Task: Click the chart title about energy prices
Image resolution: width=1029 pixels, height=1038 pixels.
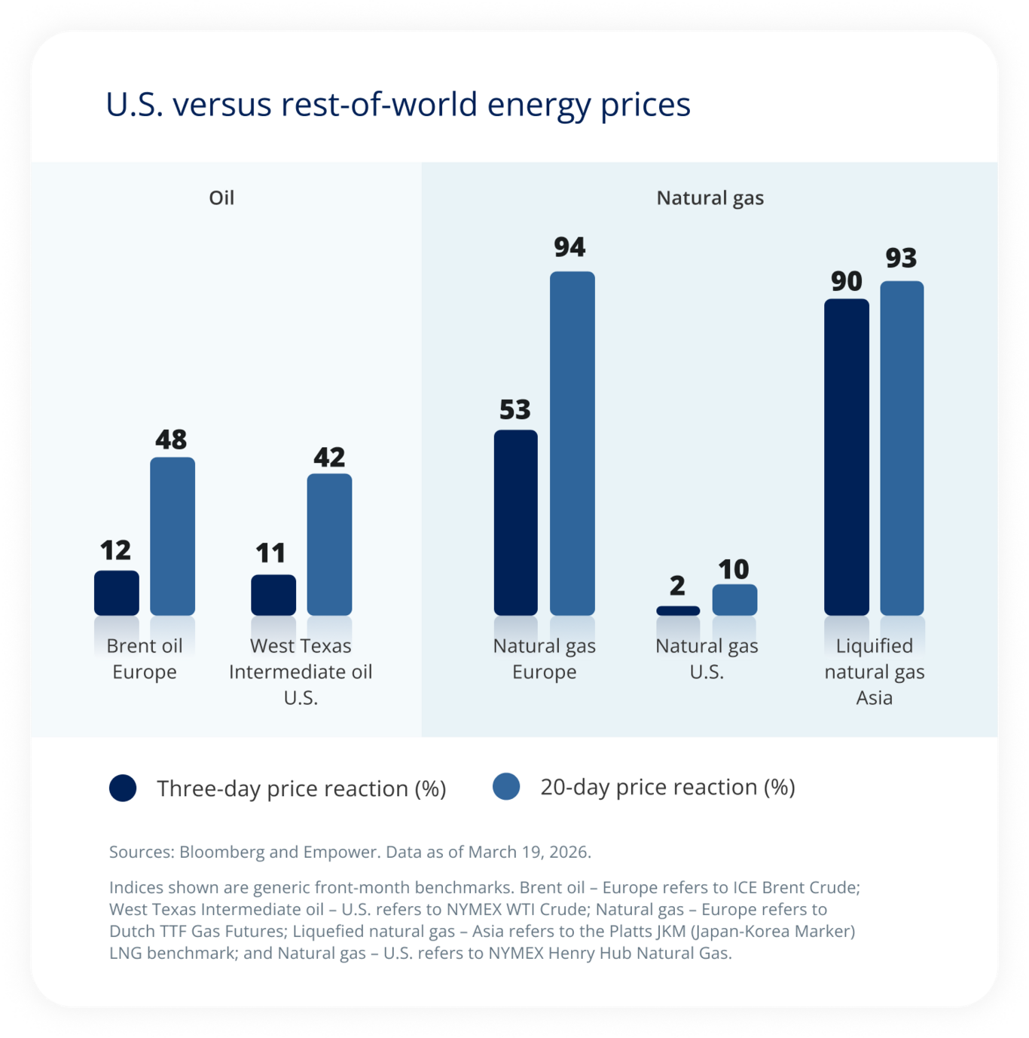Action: point(398,105)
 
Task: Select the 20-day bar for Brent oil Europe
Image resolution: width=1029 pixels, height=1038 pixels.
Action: point(173,536)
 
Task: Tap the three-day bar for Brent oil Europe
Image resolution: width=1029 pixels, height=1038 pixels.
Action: point(117,593)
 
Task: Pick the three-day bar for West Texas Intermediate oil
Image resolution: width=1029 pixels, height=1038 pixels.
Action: point(273,595)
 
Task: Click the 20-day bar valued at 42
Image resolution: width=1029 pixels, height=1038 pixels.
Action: point(329,544)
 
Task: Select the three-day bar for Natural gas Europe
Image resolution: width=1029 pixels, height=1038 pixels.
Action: point(516,522)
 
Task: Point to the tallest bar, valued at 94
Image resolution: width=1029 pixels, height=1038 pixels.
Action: point(573,443)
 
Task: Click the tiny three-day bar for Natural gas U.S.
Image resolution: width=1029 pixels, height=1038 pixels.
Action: point(678,611)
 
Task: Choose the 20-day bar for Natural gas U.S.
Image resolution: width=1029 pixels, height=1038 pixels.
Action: point(734,600)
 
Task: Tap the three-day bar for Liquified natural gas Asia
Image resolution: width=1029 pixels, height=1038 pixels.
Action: point(847,457)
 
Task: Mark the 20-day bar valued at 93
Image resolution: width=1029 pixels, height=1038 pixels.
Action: point(902,448)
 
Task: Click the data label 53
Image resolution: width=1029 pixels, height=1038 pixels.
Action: point(515,410)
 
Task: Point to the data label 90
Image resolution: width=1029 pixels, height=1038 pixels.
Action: point(847,281)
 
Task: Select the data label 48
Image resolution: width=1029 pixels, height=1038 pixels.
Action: point(171,439)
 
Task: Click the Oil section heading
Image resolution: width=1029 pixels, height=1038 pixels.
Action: point(221,198)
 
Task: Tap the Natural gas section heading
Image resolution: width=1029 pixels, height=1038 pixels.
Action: point(710,198)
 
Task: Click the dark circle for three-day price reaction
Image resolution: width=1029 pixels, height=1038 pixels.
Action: point(123,788)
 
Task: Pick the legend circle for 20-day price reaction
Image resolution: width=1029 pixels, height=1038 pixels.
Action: point(506,786)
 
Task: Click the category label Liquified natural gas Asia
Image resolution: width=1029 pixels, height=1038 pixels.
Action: point(874,672)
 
